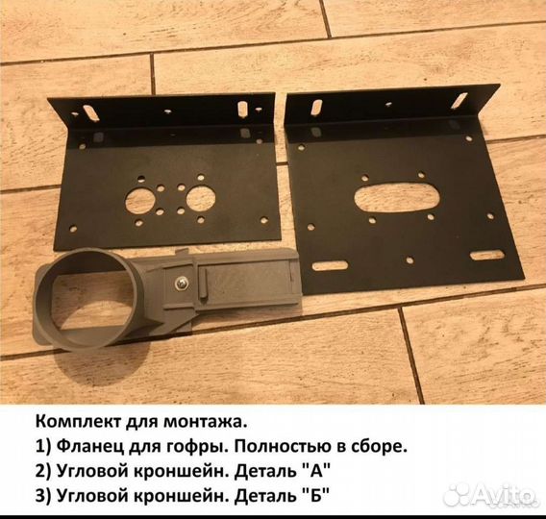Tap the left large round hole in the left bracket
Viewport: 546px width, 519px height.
pyautogui.click(x=140, y=202)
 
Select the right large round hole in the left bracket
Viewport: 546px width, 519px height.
pyautogui.click(x=201, y=199)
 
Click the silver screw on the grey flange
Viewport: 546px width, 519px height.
pyautogui.click(x=182, y=283)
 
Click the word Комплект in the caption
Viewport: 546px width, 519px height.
pyautogui.click(x=77, y=423)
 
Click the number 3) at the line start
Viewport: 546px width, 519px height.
pyautogui.click(x=43, y=495)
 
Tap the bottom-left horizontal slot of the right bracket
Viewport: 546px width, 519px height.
pyautogui.click(x=330, y=266)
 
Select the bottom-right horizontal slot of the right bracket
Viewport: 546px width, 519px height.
pyautogui.click(x=486, y=255)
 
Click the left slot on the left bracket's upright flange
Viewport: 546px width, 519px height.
pyautogui.click(x=91, y=113)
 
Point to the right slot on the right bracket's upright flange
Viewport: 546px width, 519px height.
pyautogui.click(x=459, y=100)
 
